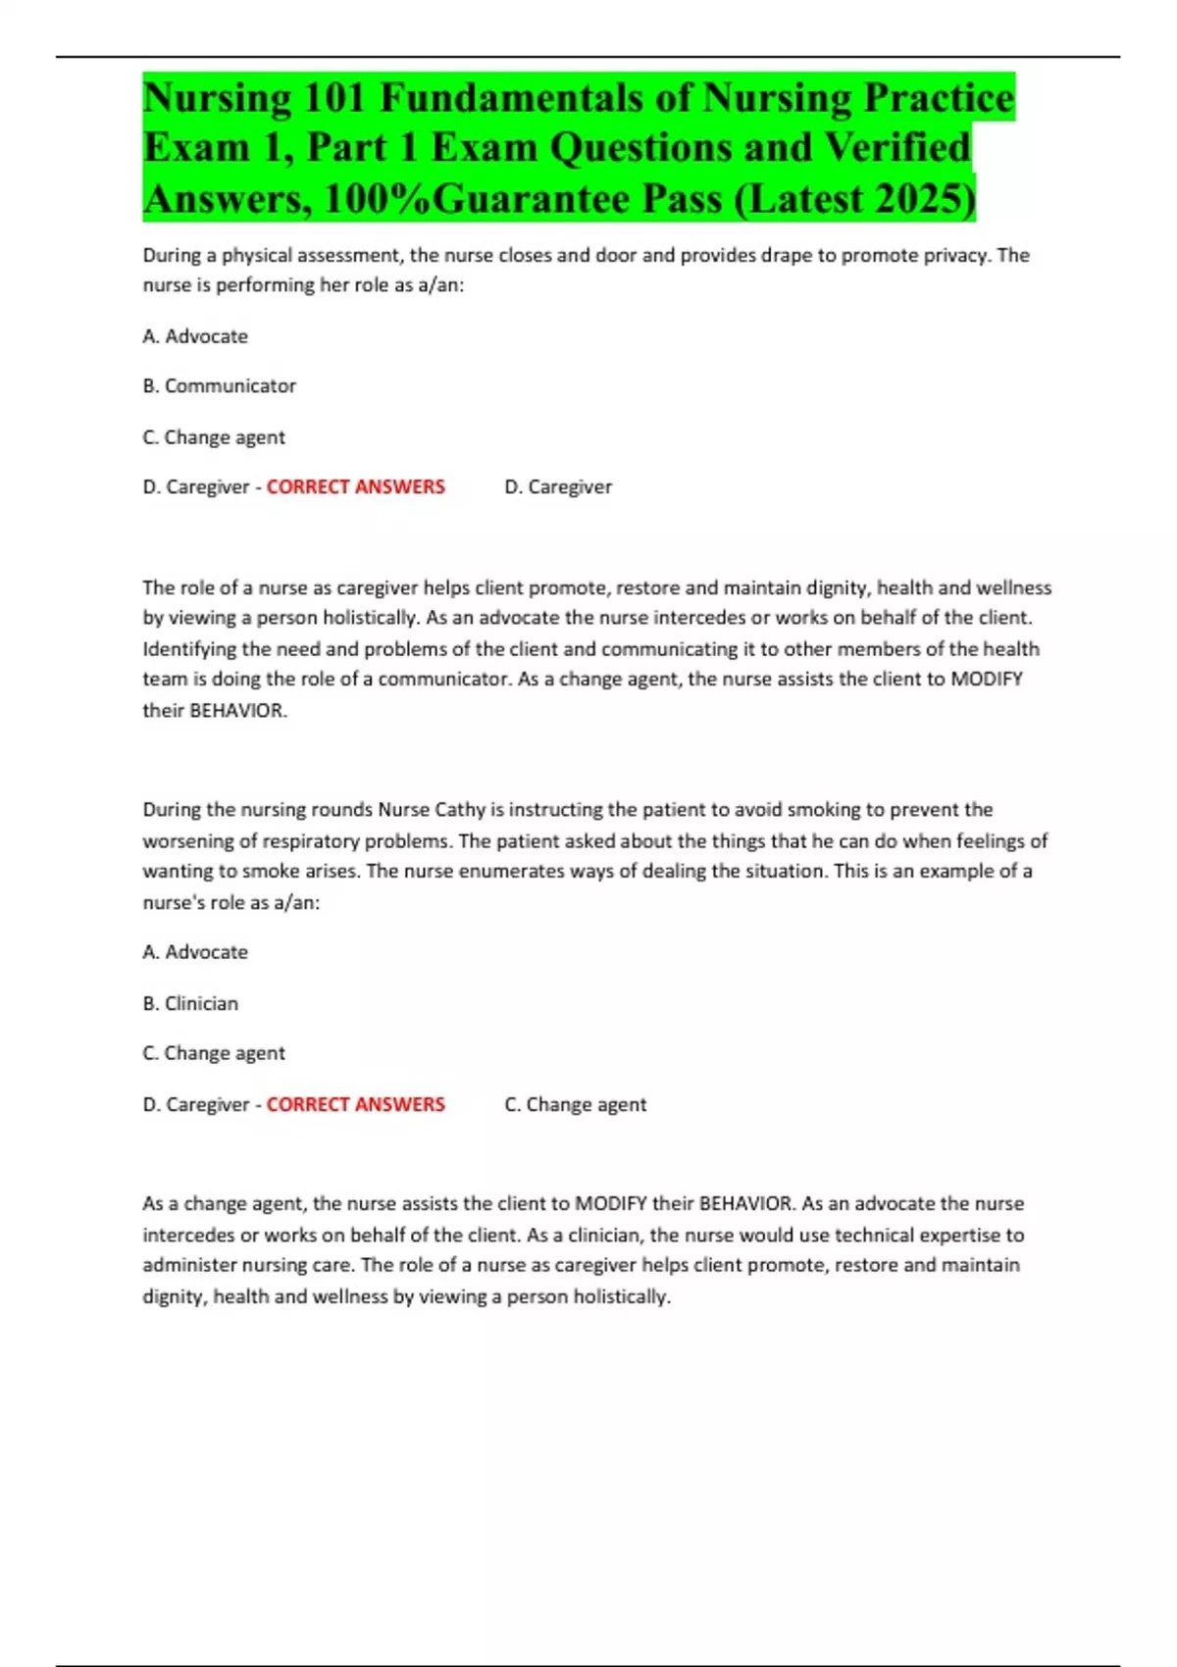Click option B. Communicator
tap(219, 386)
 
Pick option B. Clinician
tap(190, 1003)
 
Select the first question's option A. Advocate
tap(194, 336)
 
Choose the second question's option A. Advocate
tap(194, 952)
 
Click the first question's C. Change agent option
tap(214, 437)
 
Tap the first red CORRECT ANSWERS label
tap(355, 487)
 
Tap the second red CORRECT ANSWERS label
tap(355, 1104)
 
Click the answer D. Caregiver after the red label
tap(558, 487)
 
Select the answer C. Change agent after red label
tap(576, 1104)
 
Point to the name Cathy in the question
tap(460, 810)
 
